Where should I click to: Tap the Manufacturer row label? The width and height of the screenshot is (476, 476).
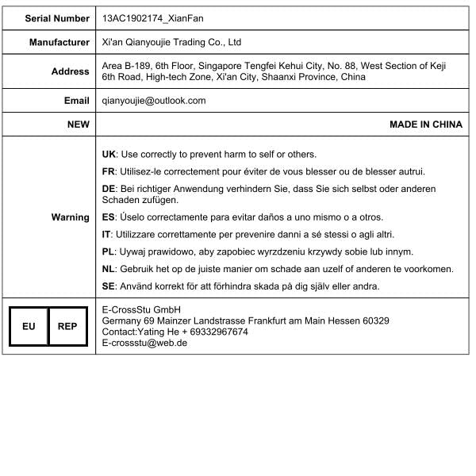pyautogui.click(x=59, y=42)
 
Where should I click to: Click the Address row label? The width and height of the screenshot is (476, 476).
pyautogui.click(x=71, y=71)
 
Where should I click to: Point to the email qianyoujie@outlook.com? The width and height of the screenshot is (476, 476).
pyautogui.click(x=154, y=101)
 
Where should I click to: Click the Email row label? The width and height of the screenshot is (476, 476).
pyautogui.click(x=77, y=101)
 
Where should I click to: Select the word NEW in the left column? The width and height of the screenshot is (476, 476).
pyautogui.click(x=79, y=125)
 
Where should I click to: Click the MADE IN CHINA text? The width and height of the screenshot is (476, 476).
pyautogui.click(x=426, y=125)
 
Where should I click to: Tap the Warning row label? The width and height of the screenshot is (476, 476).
pyautogui.click(x=70, y=217)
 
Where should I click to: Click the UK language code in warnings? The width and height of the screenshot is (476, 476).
pyautogui.click(x=109, y=154)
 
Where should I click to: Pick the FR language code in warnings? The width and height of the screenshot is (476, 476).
pyautogui.click(x=109, y=171)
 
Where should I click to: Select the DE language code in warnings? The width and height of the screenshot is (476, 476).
pyautogui.click(x=109, y=189)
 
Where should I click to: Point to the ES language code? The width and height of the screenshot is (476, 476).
pyautogui.click(x=109, y=217)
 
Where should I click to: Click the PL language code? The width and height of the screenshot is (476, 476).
pyautogui.click(x=109, y=251)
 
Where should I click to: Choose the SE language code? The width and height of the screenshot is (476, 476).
pyautogui.click(x=109, y=286)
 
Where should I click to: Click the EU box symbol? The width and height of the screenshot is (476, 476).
pyautogui.click(x=29, y=326)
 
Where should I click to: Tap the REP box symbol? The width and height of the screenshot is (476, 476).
pyautogui.click(x=67, y=326)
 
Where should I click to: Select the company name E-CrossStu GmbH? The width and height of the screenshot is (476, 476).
pyautogui.click(x=142, y=309)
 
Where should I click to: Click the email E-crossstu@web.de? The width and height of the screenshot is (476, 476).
pyautogui.click(x=145, y=343)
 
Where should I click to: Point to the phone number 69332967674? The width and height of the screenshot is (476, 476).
pyautogui.click(x=215, y=332)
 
